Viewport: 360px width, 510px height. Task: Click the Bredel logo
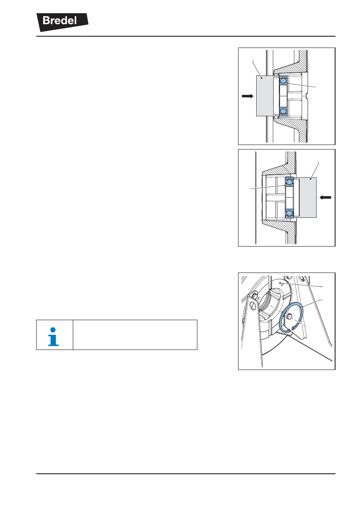[62, 22]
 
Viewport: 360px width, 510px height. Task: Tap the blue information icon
[53, 337]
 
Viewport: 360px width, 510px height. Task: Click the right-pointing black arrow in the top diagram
[248, 96]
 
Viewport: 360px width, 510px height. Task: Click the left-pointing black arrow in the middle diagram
[325, 198]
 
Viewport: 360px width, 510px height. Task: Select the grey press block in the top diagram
[265, 96]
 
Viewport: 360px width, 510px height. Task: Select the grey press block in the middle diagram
[308, 198]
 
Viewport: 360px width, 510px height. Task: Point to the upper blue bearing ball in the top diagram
[283, 81]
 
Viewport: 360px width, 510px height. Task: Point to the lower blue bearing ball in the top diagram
[283, 111]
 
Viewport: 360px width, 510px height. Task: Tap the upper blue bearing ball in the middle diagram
[289, 182]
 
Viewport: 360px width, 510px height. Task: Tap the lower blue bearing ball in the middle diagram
[289, 213]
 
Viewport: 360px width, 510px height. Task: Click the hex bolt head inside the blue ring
[289, 316]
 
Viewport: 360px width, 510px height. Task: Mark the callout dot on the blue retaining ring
[302, 307]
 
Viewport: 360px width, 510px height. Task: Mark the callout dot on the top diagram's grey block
[262, 78]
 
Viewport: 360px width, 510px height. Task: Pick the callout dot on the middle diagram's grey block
[311, 179]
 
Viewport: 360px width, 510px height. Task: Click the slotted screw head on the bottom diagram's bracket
[252, 305]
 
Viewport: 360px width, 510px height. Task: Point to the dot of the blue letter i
[53, 330]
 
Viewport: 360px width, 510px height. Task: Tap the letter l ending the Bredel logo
[75, 20]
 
